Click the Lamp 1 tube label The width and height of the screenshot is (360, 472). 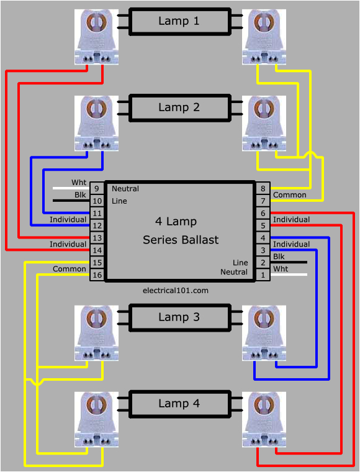coord(179,21)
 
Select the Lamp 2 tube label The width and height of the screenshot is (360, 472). coord(179,107)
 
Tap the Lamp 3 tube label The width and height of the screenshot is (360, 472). coord(179,317)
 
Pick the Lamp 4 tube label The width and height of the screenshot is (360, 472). coord(179,404)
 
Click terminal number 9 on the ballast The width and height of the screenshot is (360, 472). coord(97,189)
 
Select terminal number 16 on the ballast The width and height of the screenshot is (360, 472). coord(97,274)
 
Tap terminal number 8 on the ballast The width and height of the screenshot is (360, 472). coord(263,189)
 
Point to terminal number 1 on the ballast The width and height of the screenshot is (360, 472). coord(263,274)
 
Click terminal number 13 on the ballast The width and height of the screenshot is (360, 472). coord(97,237)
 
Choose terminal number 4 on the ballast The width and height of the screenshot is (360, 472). coord(263,237)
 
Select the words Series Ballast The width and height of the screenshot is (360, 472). coord(181,240)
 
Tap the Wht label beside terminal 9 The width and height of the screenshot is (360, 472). coord(79,183)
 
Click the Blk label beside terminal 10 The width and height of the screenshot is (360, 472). coord(80,195)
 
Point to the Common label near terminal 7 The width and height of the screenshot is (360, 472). coord(290,195)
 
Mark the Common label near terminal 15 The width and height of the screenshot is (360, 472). coord(70,269)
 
